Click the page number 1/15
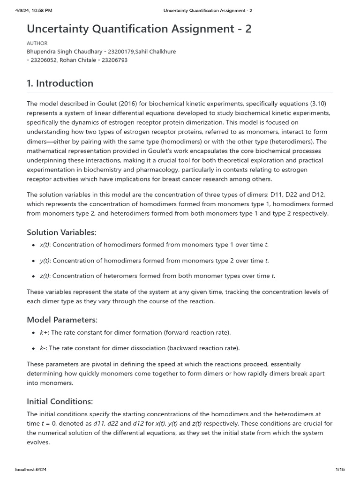coord(340,469)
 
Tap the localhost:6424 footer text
coord(31,469)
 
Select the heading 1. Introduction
coord(60,83)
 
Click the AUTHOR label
coord(37,43)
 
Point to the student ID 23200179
coord(121,52)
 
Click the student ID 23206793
coord(113,60)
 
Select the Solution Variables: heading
coord(61,232)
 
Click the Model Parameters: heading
coord(62,320)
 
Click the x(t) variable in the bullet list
coord(45,245)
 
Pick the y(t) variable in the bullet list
coord(45,261)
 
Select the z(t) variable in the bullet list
coord(45,276)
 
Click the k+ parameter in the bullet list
coord(43,332)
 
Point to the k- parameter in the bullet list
coord(43,348)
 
